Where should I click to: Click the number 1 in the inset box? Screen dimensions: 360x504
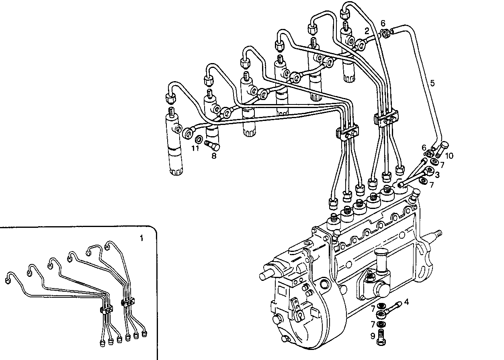[x=141, y=238]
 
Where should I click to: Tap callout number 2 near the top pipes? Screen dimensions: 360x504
[x=367, y=31]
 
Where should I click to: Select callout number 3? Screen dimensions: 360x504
[x=437, y=175]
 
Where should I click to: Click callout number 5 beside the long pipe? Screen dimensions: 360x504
[x=432, y=83]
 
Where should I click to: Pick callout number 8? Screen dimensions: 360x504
[x=214, y=155]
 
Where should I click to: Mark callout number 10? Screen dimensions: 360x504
[x=449, y=155]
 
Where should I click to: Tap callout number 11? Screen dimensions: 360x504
[x=195, y=149]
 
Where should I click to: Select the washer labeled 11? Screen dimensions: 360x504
[x=199, y=139]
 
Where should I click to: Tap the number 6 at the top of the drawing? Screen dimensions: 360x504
[x=383, y=23]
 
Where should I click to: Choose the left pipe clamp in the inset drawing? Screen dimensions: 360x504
[x=106, y=309]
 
